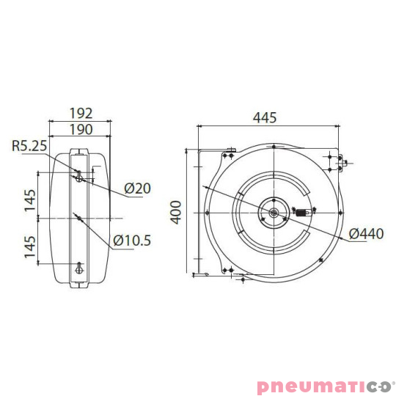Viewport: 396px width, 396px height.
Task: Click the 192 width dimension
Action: tap(80, 113)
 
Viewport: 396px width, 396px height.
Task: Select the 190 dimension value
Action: tap(80, 130)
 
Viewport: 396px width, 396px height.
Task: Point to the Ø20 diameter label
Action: tap(137, 188)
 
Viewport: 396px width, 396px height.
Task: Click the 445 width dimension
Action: tap(269, 117)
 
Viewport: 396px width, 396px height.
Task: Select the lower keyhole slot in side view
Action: tap(79, 267)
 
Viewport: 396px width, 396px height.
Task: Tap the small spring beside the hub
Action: tap(302, 213)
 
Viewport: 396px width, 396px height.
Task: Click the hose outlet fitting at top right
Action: tap(341, 163)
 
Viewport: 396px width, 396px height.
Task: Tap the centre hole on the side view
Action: tap(78, 219)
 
